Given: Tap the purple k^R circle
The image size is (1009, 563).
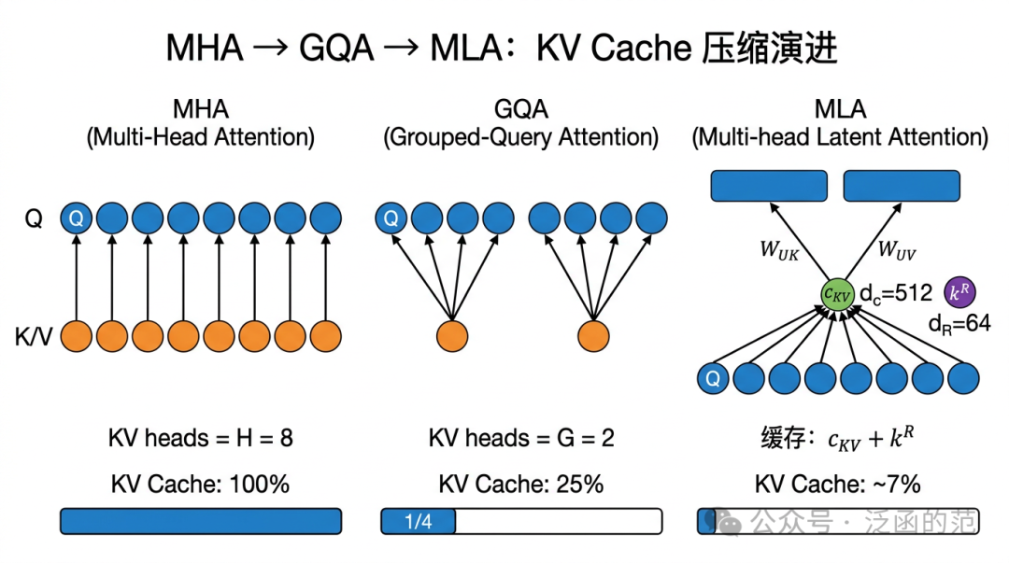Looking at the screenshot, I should [x=960, y=292].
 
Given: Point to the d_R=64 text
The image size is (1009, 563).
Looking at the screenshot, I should [x=959, y=324].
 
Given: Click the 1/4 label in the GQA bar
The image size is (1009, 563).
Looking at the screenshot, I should [x=419, y=521].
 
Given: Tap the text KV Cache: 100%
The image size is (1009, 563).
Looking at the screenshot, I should [x=200, y=484].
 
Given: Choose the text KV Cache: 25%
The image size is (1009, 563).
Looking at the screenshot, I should [x=521, y=484].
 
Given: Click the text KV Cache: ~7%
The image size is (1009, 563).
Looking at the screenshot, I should [x=837, y=484].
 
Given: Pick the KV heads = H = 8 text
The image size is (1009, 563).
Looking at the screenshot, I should [x=200, y=437].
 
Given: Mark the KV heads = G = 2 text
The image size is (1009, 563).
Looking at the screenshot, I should [x=521, y=437].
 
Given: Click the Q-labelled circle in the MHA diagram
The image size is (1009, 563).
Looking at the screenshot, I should [x=77, y=219].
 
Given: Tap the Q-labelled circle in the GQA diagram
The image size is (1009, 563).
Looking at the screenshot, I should [x=391, y=219].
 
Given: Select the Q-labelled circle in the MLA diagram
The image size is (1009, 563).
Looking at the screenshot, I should [x=713, y=378].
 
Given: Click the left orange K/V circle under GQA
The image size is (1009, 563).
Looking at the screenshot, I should [x=452, y=335].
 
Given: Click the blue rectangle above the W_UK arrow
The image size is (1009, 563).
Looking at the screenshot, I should [x=769, y=186].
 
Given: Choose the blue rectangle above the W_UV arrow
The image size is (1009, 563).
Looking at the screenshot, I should [x=902, y=186].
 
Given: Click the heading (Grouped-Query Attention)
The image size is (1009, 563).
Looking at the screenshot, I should [x=521, y=137].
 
